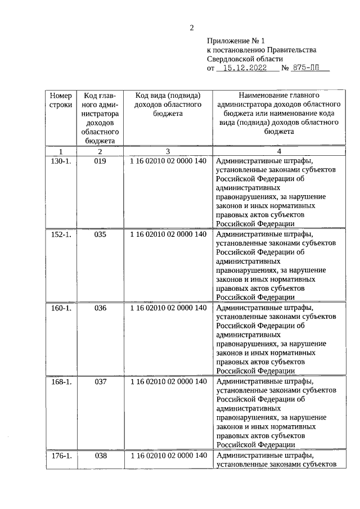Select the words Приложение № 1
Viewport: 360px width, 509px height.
231,40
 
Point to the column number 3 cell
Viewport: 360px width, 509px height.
168,151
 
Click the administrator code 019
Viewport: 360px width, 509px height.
100,160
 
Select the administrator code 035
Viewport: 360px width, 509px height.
100,234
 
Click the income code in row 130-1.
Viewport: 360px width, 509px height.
168,160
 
